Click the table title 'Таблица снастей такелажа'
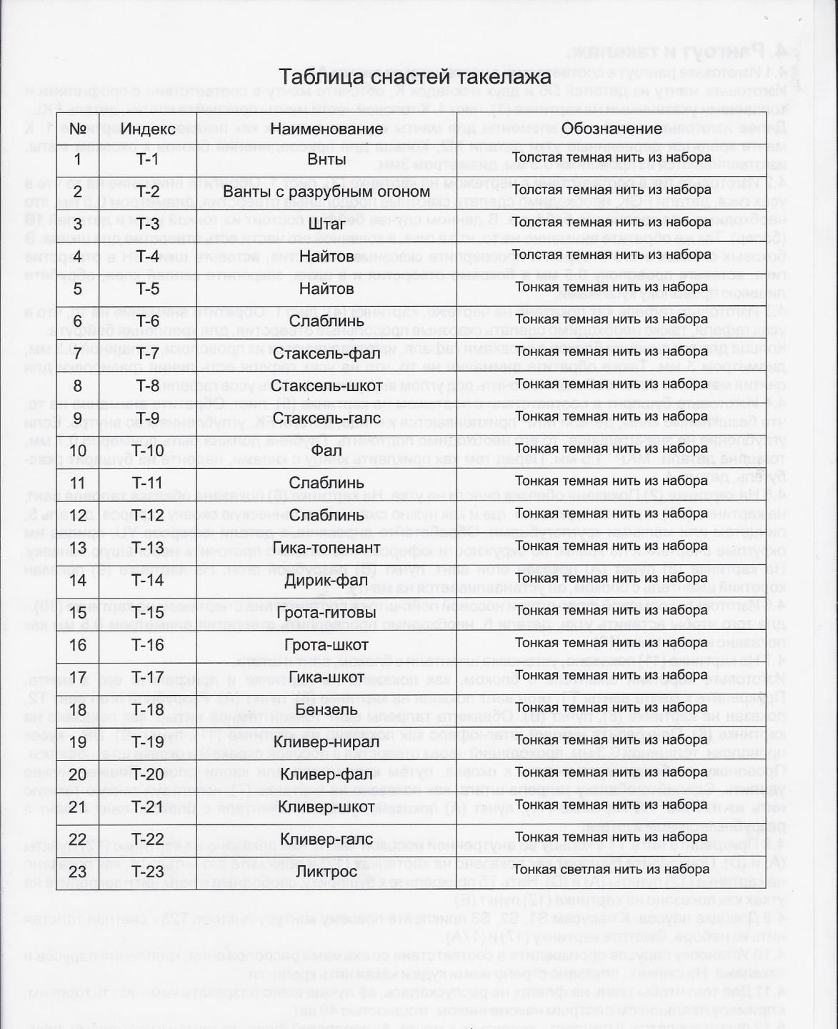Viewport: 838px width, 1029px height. [414, 77]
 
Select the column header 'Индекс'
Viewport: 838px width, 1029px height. [148, 129]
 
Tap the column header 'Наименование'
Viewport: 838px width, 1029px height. [326, 129]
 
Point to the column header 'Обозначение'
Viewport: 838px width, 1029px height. [612, 129]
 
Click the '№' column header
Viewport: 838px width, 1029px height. [78, 129]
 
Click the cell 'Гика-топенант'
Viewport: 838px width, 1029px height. [326, 548]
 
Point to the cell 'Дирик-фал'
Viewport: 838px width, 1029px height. [326, 580]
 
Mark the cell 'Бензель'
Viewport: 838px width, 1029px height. [326, 709]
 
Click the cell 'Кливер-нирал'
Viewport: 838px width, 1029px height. [326, 742]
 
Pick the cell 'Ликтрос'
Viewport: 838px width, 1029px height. [326, 871]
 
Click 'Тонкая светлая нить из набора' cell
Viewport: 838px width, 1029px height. [612, 870]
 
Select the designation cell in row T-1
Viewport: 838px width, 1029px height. [612, 158]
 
